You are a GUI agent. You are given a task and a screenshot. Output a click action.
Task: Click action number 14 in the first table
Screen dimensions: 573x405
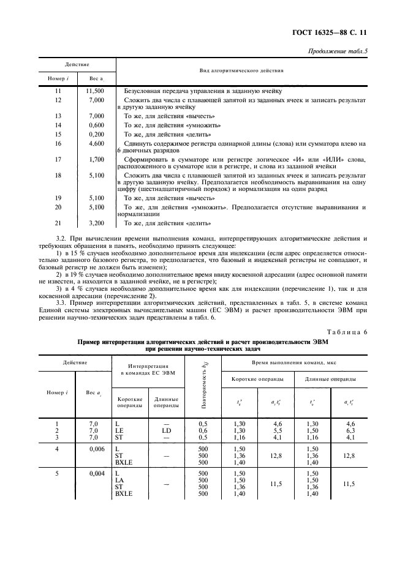(x=58, y=124)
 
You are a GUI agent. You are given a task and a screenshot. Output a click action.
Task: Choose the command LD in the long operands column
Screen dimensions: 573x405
(x=165, y=430)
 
